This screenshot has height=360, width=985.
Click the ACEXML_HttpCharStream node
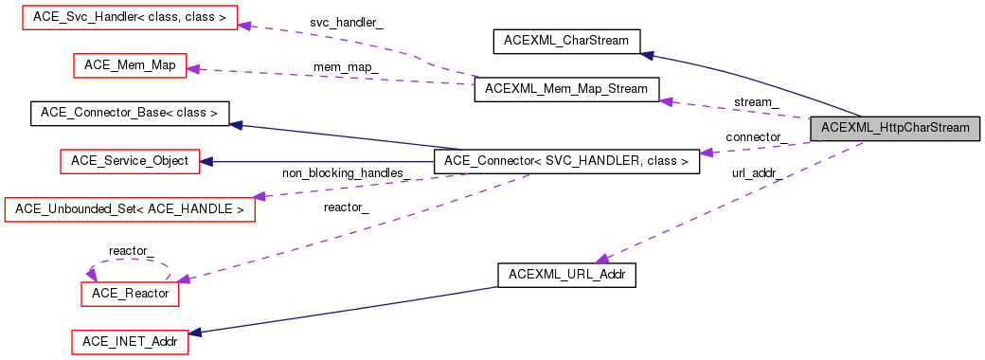point(895,128)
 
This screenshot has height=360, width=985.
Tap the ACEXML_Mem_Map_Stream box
point(566,89)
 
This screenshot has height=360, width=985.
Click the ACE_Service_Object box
point(130,161)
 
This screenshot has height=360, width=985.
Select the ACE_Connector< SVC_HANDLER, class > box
point(565,161)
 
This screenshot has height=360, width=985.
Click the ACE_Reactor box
point(130,294)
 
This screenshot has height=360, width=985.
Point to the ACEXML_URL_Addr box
point(566,275)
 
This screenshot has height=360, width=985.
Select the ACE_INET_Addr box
point(130,341)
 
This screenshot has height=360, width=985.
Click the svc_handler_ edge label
point(346,22)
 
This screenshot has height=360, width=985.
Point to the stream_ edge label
point(757,101)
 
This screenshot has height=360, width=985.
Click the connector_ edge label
point(755,137)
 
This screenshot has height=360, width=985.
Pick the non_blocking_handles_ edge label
point(346,172)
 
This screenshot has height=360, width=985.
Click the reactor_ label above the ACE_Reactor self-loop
point(131,250)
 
